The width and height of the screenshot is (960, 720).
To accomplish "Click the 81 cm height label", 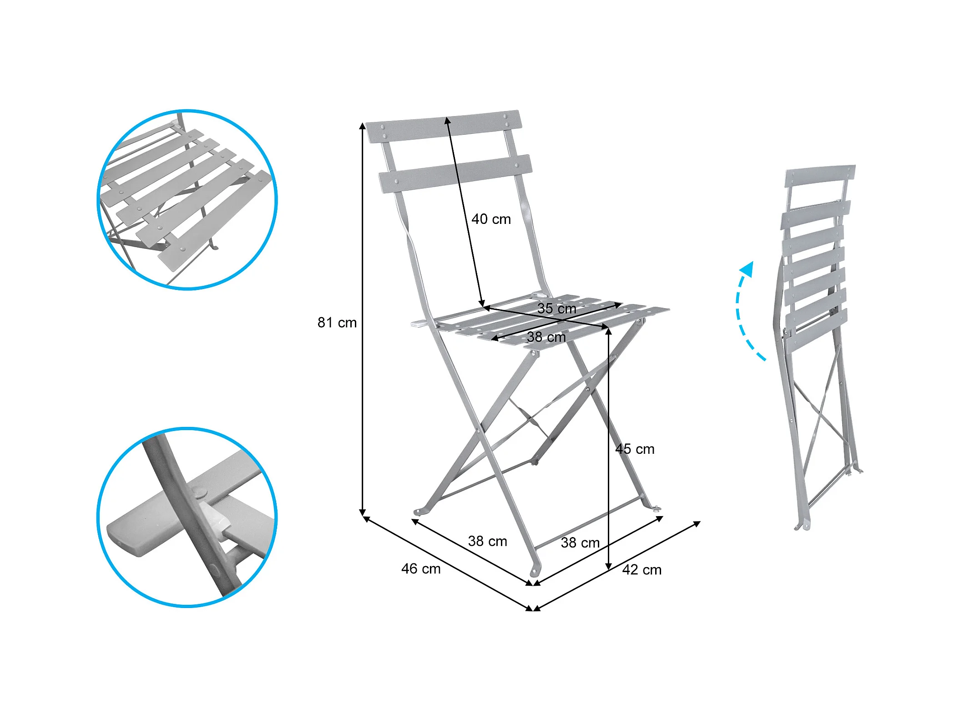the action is pos(337,323).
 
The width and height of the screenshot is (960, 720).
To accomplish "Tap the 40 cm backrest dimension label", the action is pos(491,219).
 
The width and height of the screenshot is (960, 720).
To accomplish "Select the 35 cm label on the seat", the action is pos(556,308).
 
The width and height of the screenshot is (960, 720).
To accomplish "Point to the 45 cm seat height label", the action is pos(635,449).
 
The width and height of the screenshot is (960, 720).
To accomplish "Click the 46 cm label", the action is pos(421,568).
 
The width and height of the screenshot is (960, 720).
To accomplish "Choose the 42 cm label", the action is pos(642,569).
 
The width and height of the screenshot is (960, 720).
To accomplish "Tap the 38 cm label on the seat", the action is pos(546,337).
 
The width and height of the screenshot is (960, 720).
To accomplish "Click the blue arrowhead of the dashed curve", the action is pos(747,269).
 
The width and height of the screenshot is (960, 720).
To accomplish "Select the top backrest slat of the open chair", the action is pos(443,126).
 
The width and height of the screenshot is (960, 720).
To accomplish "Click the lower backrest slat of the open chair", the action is pos(455,173).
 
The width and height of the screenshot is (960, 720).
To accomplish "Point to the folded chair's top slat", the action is pos(820,176).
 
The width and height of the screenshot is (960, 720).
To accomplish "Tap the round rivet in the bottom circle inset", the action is pos(199,492).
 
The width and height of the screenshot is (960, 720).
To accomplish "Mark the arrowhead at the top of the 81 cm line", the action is pos(363,126).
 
